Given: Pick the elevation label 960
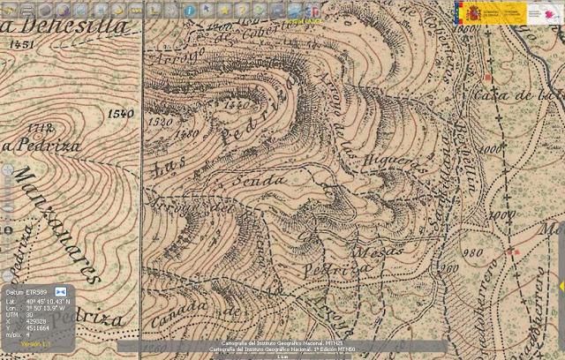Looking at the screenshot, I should pyautogui.click(x=449, y=268).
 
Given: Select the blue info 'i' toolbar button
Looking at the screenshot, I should pyautogui.click(x=189, y=10).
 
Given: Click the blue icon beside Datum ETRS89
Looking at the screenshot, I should pyautogui.click(x=61, y=290).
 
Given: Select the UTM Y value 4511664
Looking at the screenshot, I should pyautogui.click(x=40, y=328).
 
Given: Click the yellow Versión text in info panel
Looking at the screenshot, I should pyautogui.click(x=35, y=344).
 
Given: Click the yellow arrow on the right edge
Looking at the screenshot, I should pyautogui.click(x=561, y=287).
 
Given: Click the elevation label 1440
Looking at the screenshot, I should pyautogui.click(x=237, y=105).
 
